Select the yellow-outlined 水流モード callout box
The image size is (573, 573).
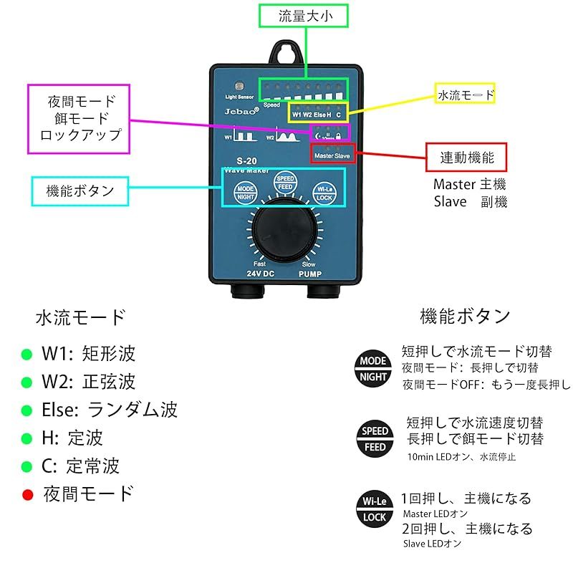(466, 94)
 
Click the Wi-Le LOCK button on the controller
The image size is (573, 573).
(324, 193)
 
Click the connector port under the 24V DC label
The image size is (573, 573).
(245, 292)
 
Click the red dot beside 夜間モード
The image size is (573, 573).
(28, 494)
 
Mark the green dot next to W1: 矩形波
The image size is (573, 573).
(27, 354)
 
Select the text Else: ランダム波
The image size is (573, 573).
(110, 410)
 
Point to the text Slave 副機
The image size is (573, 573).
(470, 202)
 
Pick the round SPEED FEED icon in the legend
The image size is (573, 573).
(375, 439)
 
